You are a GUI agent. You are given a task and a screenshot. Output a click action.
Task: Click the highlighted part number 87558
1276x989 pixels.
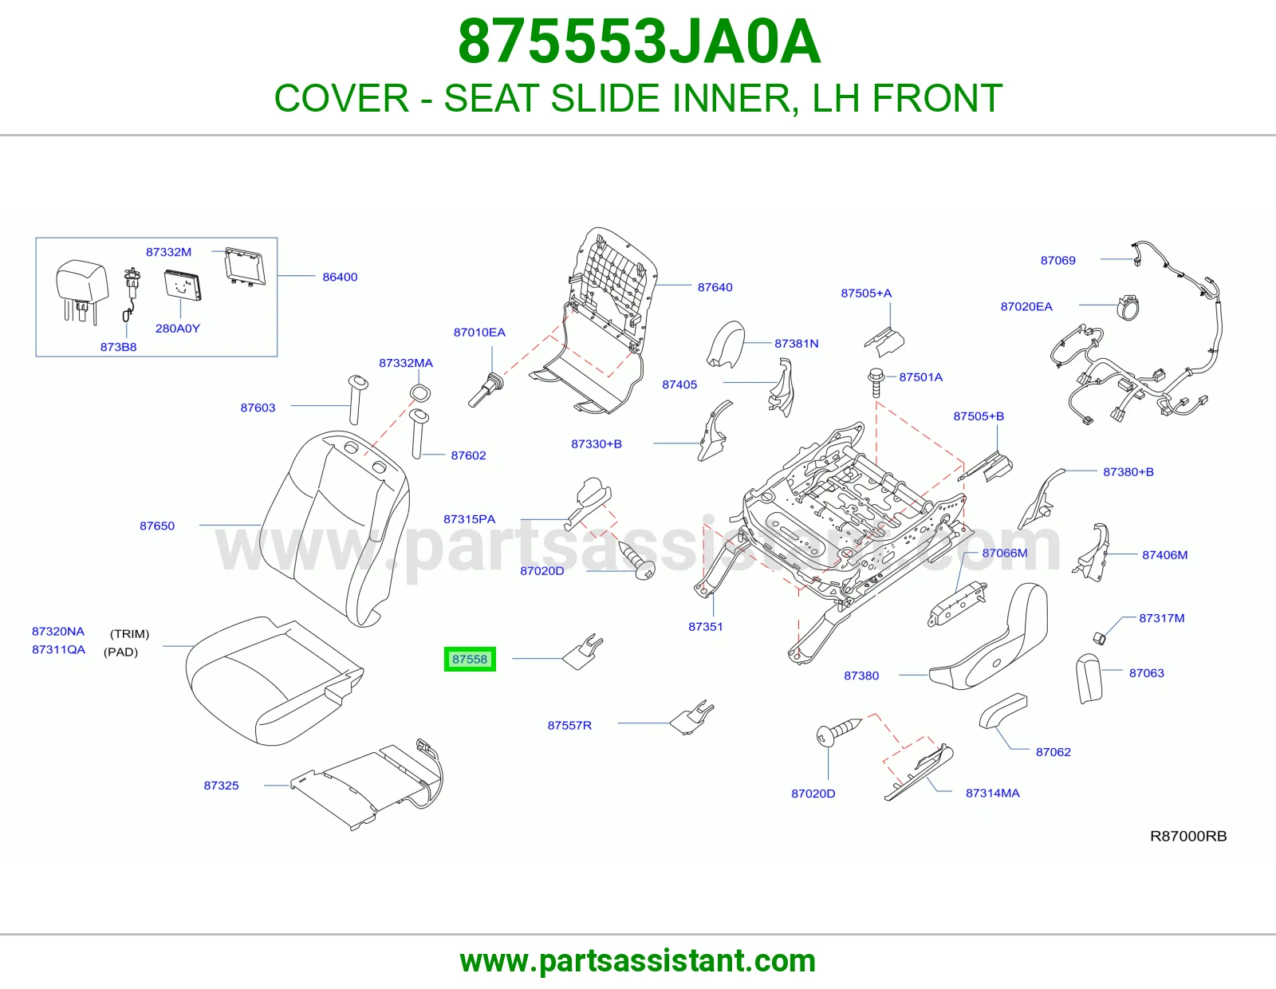[470, 659]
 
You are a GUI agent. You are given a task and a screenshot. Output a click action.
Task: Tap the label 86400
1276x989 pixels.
[340, 277]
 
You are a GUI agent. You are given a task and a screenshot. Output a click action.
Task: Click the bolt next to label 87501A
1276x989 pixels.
[876, 382]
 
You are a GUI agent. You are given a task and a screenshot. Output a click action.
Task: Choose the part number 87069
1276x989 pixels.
[1057, 260]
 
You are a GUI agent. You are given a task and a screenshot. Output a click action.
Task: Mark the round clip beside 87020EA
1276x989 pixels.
[1128, 307]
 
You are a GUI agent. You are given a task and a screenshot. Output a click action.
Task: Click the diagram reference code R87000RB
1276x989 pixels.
[1188, 836]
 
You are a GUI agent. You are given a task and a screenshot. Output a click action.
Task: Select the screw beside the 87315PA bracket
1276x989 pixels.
[637, 560]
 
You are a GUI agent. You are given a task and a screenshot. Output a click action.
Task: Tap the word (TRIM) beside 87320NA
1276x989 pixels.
[130, 634]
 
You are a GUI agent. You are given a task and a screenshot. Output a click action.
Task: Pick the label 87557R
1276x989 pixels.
[569, 725]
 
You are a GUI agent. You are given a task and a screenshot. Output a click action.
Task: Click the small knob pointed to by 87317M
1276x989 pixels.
[1099, 637]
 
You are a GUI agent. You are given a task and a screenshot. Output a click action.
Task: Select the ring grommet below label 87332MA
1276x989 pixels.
[419, 392]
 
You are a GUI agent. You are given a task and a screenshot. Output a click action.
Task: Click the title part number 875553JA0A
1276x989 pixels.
[639, 41]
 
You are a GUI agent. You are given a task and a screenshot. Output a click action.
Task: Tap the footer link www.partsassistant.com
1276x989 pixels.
[638, 961]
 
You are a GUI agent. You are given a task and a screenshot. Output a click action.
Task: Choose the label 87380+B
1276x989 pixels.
[1128, 471]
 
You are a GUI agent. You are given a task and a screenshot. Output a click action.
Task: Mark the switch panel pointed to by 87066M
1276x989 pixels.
[957, 603]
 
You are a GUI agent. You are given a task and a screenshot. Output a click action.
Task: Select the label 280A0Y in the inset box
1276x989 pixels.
[177, 329]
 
